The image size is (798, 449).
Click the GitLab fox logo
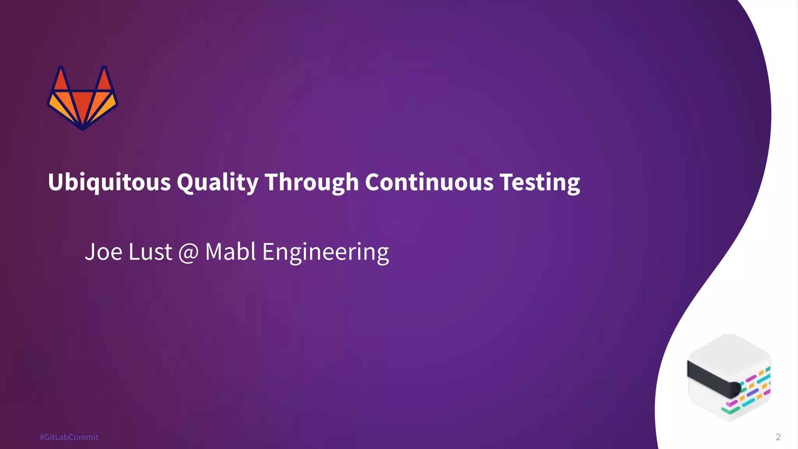pos(83,98)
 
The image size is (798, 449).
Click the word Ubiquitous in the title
pos(109,182)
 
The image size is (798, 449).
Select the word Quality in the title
pos(217,182)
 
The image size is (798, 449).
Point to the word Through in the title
pos(312,182)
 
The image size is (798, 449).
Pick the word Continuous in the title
pos(429,182)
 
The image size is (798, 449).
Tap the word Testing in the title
pos(540,182)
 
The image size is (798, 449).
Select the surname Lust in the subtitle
pos(150,252)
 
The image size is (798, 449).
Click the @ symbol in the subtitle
pos(189,253)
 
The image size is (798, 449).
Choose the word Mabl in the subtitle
pos(230,252)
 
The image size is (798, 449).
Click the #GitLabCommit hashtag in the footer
pos(69,437)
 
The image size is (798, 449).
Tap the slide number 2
pos(778,437)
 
